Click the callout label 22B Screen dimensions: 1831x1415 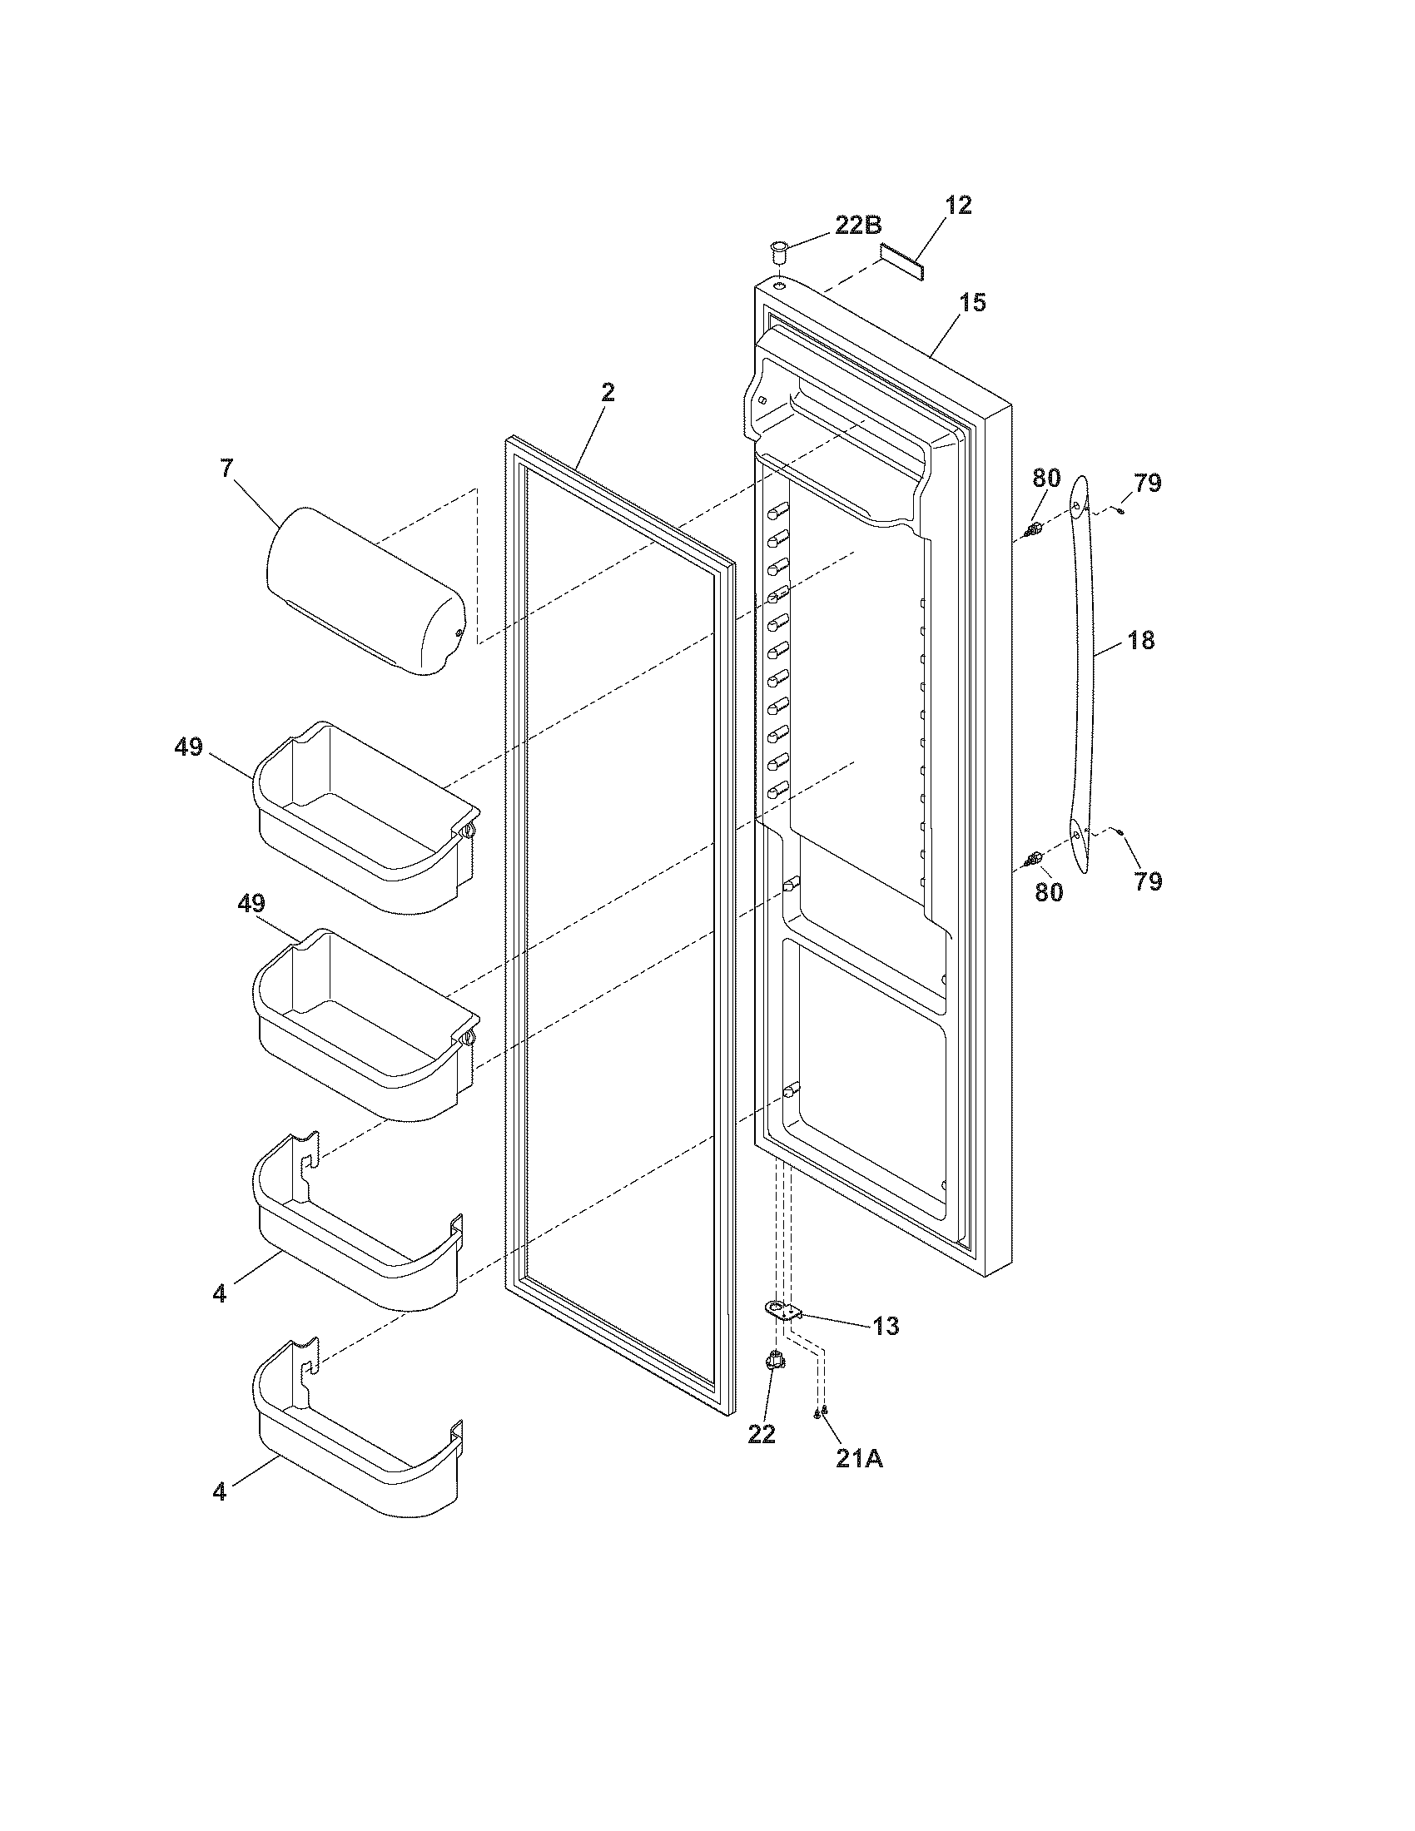point(857,225)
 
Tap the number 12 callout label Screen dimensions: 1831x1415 point(958,206)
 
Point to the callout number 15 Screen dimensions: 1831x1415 point(972,303)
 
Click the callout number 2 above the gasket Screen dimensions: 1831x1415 point(608,392)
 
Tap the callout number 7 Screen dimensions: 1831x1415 point(227,469)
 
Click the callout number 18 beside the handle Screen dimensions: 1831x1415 point(1141,641)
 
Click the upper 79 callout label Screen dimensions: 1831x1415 point(1148,483)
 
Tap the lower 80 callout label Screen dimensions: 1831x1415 point(1049,892)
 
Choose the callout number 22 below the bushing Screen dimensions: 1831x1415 point(761,1434)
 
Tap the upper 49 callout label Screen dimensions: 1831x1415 point(189,747)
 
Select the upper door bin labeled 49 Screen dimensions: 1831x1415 point(365,817)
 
